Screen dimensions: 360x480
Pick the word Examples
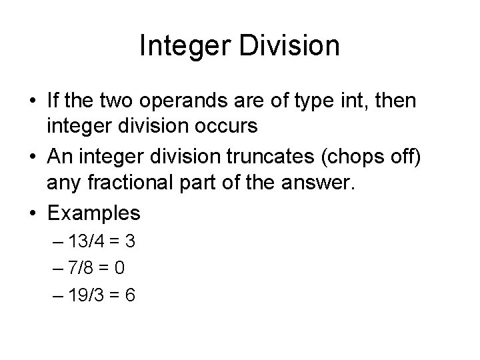point(93,213)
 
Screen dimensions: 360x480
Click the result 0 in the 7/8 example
point(120,269)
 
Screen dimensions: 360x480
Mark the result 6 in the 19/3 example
point(130,295)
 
